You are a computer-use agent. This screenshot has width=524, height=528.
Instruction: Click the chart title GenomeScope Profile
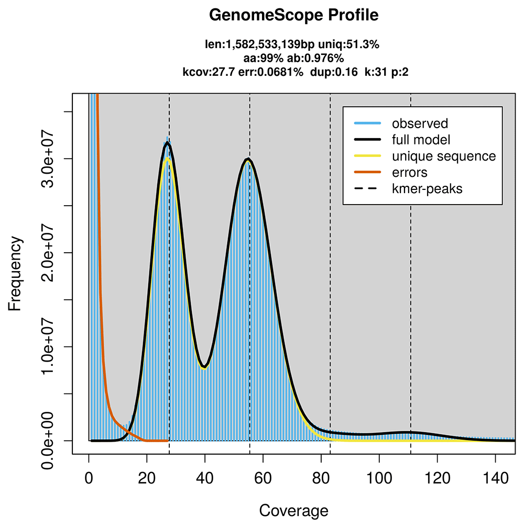click(x=293, y=16)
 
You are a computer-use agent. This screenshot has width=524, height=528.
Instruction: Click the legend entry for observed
click(x=420, y=123)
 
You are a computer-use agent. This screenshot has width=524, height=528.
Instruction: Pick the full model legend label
click(x=421, y=140)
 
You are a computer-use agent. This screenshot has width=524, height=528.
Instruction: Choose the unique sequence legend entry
click(x=444, y=156)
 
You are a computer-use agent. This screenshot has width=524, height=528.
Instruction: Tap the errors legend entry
click(x=410, y=172)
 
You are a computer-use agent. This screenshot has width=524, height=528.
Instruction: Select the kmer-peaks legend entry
click(x=428, y=188)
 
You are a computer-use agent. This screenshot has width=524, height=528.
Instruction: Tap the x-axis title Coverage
click(x=293, y=510)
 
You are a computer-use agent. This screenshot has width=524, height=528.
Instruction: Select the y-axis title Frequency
click(x=16, y=274)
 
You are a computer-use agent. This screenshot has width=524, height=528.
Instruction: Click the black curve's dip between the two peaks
click(x=205, y=366)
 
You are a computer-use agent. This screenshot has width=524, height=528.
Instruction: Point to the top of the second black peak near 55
click(x=248, y=159)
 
